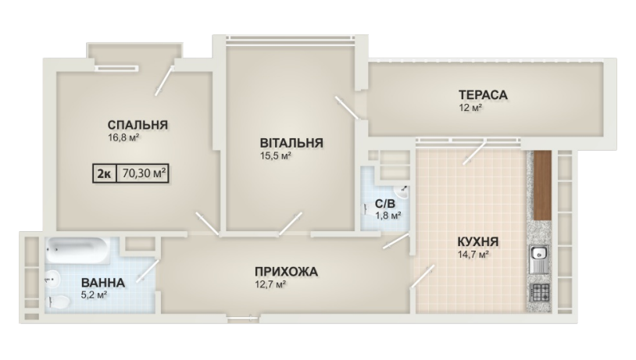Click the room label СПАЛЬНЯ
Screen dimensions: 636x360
138,124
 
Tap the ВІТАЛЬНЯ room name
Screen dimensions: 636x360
291,143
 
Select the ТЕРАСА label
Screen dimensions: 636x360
483,94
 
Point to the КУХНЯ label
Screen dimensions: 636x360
478,242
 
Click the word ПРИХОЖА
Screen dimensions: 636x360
286,272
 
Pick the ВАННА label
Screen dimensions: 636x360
102,283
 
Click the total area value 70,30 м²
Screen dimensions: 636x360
144,173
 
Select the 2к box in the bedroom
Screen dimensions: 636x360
105,173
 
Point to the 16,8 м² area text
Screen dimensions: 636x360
123,137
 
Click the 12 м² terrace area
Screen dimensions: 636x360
470,108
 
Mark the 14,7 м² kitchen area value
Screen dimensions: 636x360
473,255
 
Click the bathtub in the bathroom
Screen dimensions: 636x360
77,249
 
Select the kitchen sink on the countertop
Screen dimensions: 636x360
539,258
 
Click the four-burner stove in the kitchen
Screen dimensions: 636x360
539,292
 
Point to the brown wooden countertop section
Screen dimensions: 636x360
542,185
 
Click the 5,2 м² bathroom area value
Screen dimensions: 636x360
94,295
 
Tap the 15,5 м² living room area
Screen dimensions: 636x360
276,156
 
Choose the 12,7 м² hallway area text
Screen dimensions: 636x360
270,284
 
